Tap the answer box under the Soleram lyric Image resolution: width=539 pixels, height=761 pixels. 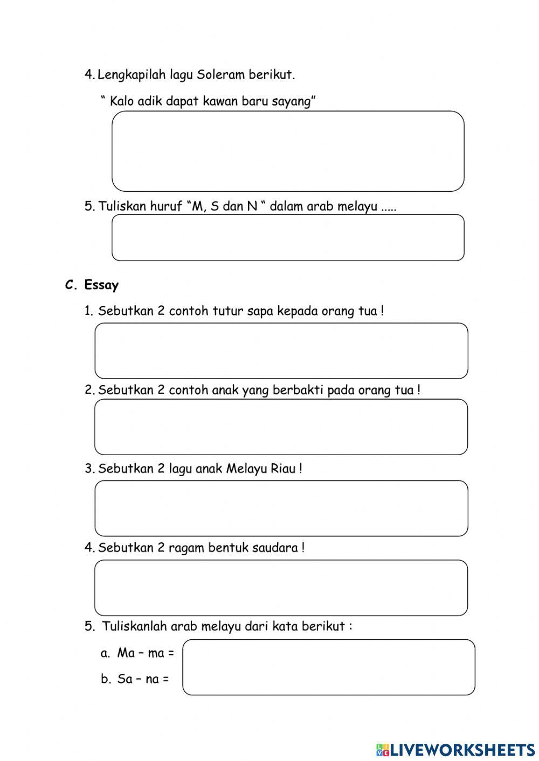pyautogui.click(x=288, y=151)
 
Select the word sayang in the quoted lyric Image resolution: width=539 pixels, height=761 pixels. pyautogui.click(x=293, y=101)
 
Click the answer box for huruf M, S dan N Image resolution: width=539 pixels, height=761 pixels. pyautogui.click(x=288, y=238)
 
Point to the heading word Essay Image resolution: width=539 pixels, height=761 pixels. pyautogui.click(x=101, y=285)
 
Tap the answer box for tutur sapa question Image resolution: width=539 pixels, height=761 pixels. pyautogui.click(x=281, y=351)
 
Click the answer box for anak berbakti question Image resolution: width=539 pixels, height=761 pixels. pyautogui.click(x=281, y=427)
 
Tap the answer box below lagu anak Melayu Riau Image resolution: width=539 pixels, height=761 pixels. pyautogui.click(x=281, y=508)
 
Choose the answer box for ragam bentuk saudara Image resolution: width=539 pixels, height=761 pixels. pyautogui.click(x=281, y=588)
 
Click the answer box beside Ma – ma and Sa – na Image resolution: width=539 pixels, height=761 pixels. pyautogui.click(x=329, y=667)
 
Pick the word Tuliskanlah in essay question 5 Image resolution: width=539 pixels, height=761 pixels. pyautogui.click(x=135, y=626)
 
